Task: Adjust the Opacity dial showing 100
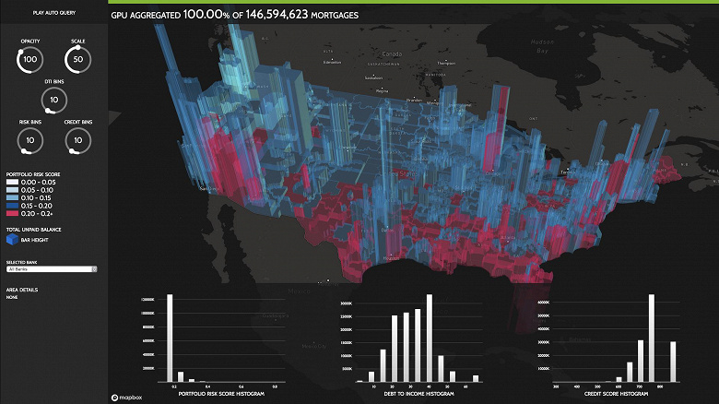point(30,59)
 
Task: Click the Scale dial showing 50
point(77,59)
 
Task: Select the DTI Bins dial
point(53,100)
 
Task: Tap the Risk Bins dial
point(30,140)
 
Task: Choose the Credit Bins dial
point(77,140)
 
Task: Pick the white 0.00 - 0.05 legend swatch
point(11,182)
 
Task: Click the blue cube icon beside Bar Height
point(12,238)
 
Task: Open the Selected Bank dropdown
point(52,268)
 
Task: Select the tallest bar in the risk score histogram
point(170,338)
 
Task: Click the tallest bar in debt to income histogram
point(430,338)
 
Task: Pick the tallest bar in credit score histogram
point(652,338)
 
